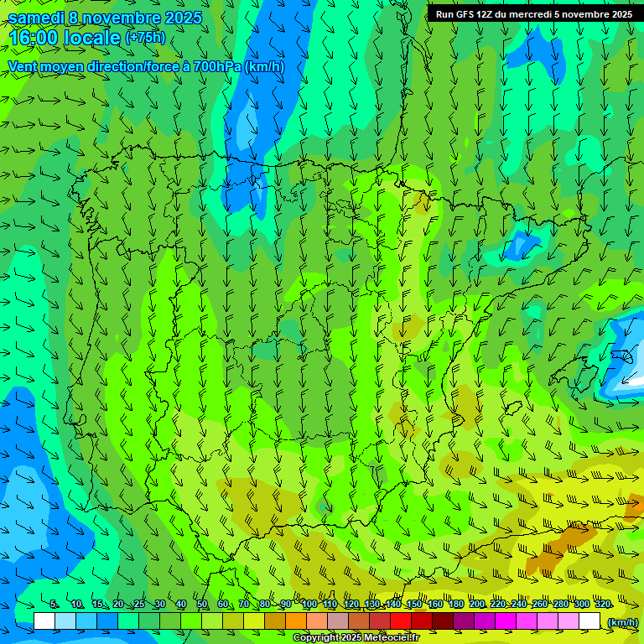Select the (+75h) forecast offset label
pos(145,38)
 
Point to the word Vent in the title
pos(23,66)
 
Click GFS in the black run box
pos(466,14)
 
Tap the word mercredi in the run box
pos(525,14)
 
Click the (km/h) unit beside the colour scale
pos(622,622)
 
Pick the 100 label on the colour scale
pos(309,605)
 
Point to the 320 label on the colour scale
pos(602,605)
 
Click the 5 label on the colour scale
pos(55,605)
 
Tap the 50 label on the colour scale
pos(202,605)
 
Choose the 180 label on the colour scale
pos(456,605)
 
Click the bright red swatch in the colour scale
pos(401,621)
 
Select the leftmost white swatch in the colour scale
pos(44,621)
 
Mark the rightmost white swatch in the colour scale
pos(590,621)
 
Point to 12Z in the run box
pos(486,14)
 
